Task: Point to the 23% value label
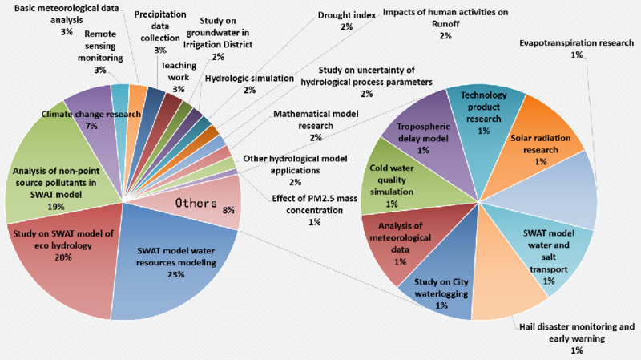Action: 175,274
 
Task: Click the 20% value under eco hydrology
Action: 63,257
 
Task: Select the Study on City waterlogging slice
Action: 441,286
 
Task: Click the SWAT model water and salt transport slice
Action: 548,253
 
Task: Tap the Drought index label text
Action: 347,15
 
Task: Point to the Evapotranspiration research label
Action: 576,43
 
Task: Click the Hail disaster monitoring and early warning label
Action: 577,333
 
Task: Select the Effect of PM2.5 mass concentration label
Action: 314,204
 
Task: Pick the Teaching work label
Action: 178,71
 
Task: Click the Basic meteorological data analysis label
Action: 67,14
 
